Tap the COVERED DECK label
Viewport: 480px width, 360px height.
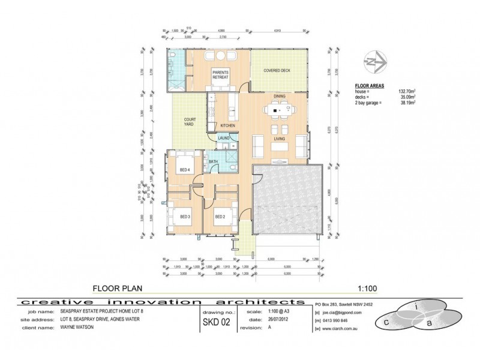(x=277, y=71)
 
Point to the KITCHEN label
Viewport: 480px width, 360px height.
(x=227, y=125)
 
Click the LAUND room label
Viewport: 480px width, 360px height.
(x=224, y=139)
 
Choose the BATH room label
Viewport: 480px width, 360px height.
(x=213, y=161)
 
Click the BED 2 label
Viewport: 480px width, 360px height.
(x=220, y=216)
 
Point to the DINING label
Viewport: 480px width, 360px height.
(x=280, y=96)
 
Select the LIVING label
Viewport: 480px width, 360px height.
(x=280, y=139)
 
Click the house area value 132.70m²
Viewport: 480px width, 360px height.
(x=409, y=91)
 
